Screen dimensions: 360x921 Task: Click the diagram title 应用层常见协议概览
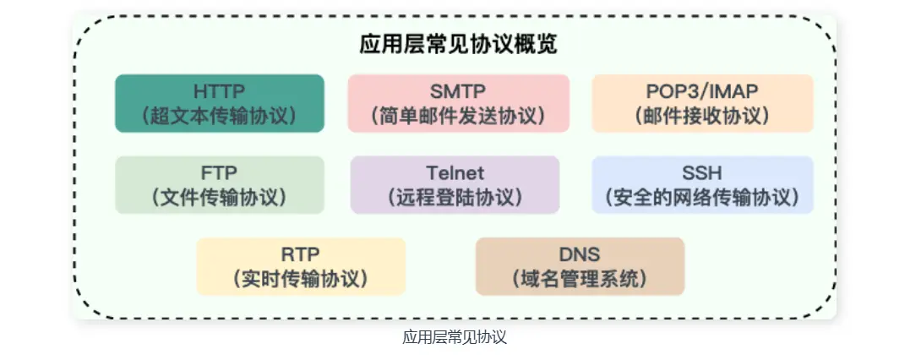coord(458,44)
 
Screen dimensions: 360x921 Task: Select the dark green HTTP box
coord(220,103)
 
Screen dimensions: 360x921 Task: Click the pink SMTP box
coord(458,103)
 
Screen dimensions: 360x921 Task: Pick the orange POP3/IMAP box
coord(702,103)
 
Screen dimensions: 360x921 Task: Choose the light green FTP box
coord(220,185)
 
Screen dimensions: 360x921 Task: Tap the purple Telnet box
coord(455,185)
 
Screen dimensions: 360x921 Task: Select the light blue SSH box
coord(702,185)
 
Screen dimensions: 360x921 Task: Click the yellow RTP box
coord(301,266)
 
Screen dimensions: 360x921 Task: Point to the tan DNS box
coord(580,266)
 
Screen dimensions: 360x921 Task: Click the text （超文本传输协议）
coord(220,116)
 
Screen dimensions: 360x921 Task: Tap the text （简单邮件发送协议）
coord(458,116)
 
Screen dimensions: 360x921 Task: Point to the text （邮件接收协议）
coord(702,116)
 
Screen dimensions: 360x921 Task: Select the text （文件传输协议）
coord(220,198)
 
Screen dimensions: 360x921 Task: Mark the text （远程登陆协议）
coord(455,198)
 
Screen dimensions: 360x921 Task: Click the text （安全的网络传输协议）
coord(702,198)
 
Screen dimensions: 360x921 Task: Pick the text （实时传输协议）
coord(301,279)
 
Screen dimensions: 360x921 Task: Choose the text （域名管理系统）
coord(580,279)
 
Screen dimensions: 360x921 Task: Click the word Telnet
coord(455,173)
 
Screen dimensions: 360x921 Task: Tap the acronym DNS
coord(580,254)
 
